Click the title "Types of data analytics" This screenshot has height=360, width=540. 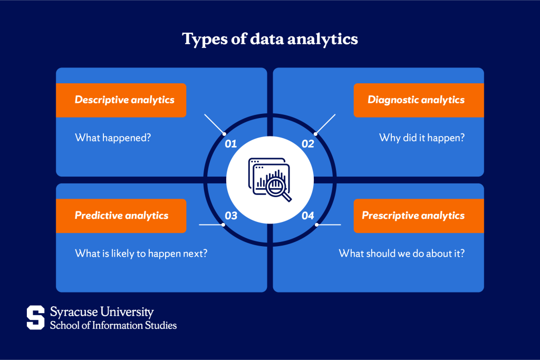tap(269, 39)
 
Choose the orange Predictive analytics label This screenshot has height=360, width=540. tap(122, 216)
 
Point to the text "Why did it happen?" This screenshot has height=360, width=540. tap(422, 138)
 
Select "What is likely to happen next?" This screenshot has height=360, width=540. tap(141, 253)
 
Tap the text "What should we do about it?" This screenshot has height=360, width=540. tap(402, 253)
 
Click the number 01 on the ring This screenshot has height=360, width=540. tap(231, 144)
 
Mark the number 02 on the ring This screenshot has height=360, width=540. tap(308, 144)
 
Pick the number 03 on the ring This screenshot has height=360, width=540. tap(231, 216)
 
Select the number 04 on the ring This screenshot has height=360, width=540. tap(308, 216)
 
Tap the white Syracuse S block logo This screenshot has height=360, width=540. tap(36, 317)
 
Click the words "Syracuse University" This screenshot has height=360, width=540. tap(102, 312)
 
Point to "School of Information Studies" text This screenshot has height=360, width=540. tap(113, 325)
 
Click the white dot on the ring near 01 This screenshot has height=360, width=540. tap(224, 134)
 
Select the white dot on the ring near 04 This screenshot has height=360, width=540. tap(317, 225)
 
